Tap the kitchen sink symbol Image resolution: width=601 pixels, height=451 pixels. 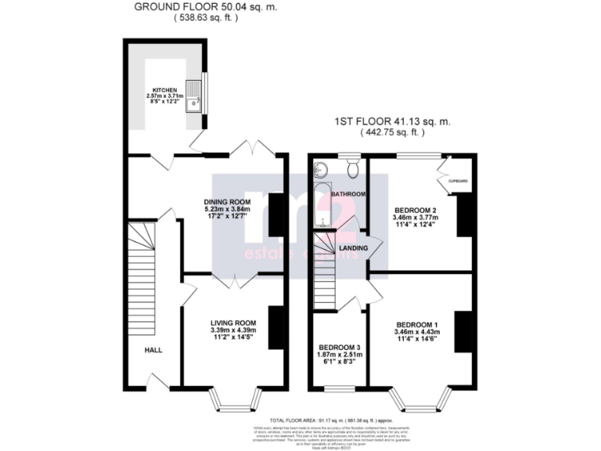192,95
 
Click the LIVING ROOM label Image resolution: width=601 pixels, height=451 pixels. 233,322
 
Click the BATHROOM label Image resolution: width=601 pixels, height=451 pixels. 347,193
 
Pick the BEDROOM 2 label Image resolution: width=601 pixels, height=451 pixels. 416,209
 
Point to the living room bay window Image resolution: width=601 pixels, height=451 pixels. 234,400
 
